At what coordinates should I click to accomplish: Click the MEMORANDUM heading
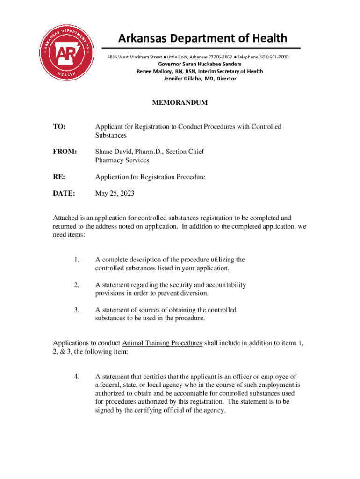pos(180,102)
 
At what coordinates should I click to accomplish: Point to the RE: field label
pos(59,177)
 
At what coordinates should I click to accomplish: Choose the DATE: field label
pos(65,193)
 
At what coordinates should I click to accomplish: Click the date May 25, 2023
pos(115,193)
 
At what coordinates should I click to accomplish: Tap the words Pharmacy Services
pos(122,160)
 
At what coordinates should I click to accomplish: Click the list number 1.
pos(77,260)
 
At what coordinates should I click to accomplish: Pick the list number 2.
pos(77,285)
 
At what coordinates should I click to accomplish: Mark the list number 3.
pos(77,310)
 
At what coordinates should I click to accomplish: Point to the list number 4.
pos(77,377)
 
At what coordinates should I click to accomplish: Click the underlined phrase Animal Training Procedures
pos(162,343)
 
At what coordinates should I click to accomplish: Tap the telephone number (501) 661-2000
pos(271,57)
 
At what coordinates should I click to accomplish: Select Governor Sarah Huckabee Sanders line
pos(200,64)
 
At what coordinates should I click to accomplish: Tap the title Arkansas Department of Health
pos(202,38)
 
